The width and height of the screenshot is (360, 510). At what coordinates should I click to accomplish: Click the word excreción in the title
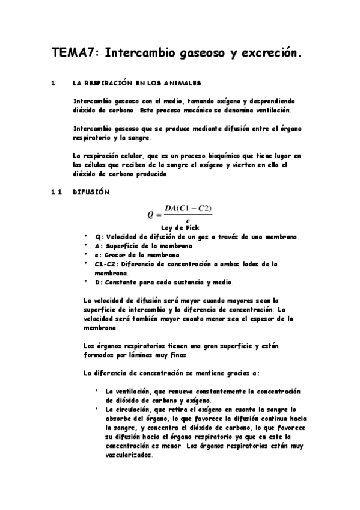(x=269, y=54)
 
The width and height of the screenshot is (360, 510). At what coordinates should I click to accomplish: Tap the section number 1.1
(x=57, y=192)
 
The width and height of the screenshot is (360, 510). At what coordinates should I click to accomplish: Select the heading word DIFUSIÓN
(x=91, y=192)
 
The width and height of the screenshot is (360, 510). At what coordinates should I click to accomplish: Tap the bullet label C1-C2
(x=108, y=263)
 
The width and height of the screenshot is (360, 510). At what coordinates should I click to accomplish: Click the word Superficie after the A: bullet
(x=127, y=247)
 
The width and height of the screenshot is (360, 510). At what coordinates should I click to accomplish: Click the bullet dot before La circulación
(x=96, y=408)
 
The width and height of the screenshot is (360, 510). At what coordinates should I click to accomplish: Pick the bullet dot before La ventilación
(x=96, y=390)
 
